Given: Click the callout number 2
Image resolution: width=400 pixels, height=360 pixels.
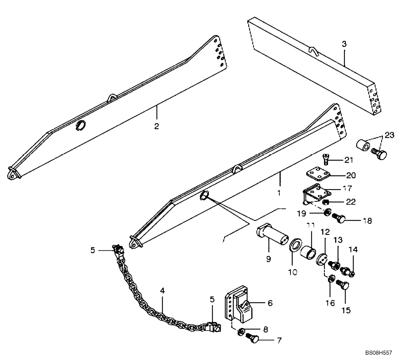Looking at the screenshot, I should tap(157, 126).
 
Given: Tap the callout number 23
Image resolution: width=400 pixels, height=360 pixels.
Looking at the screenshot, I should tap(389, 134).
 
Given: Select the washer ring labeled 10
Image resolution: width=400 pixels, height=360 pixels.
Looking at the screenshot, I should tap(295, 245).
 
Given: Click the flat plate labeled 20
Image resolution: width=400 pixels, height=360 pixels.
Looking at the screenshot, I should tap(319, 175).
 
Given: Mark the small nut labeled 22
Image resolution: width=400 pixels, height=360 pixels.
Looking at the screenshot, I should tap(326, 202).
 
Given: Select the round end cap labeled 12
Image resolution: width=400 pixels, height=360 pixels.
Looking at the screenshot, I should tap(322, 260).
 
